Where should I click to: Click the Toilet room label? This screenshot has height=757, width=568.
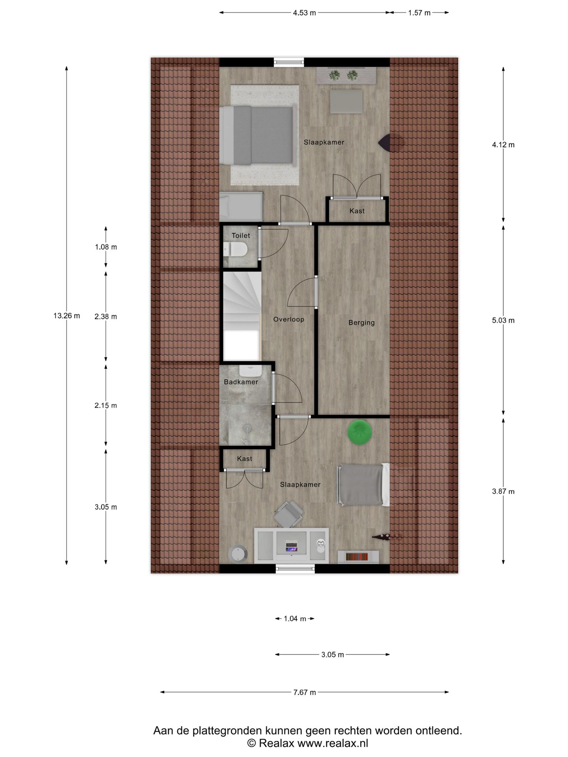[x=241, y=235]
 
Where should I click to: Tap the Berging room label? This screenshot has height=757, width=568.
[x=361, y=323]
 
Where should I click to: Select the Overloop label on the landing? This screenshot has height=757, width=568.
[x=289, y=319]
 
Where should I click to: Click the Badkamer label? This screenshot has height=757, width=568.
[x=241, y=382]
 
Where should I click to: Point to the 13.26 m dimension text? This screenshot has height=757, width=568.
[x=67, y=315]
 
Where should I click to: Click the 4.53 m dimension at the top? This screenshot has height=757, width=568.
[x=304, y=13]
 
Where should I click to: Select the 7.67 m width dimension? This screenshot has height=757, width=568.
[x=304, y=692]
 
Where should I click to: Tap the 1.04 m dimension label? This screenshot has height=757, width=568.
[x=295, y=619]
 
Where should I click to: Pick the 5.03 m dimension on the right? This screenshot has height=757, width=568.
[x=503, y=320]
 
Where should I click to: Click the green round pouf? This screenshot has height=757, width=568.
[x=359, y=432]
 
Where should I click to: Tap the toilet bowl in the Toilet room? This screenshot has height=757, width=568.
[x=235, y=249]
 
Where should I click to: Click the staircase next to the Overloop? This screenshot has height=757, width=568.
[x=241, y=311]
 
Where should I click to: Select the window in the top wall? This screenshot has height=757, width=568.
[x=289, y=62]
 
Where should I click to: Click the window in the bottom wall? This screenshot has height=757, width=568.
[x=295, y=569]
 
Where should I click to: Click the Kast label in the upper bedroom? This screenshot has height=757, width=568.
[x=357, y=211]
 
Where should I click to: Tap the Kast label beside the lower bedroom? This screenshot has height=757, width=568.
[x=245, y=459]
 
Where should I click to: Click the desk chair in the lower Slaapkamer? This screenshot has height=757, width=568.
[x=289, y=514]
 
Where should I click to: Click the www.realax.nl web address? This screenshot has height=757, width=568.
[x=332, y=743]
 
